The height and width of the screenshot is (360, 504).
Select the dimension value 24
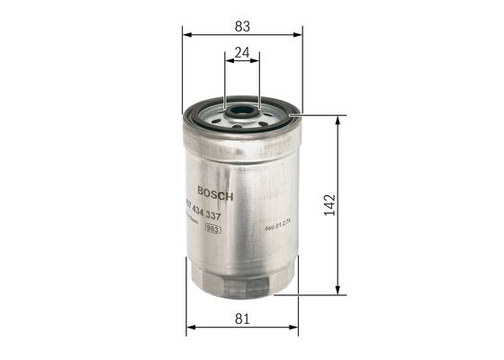tap(240, 52)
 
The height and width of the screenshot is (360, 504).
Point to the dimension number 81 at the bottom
tap(240, 317)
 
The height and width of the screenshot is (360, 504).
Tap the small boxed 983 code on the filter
tap(214, 230)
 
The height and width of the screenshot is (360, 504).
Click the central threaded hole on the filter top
tap(241, 114)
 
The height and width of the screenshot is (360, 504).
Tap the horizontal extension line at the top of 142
tap(319, 114)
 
